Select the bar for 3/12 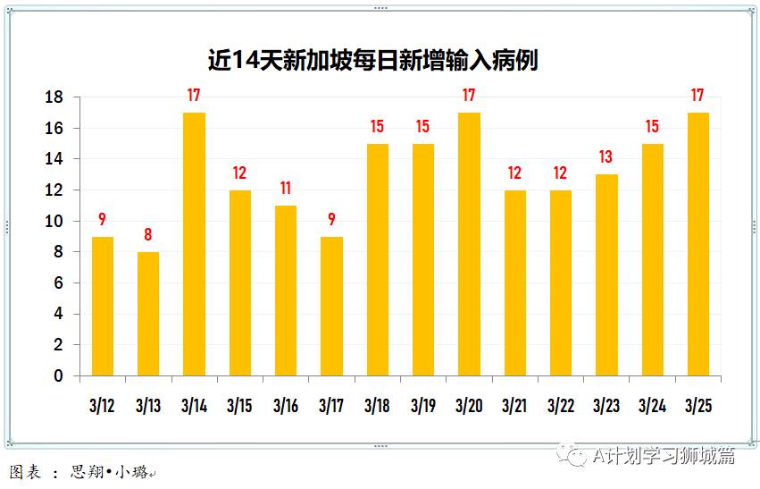click(103, 306)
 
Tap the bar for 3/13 click(148, 314)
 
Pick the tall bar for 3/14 click(194, 244)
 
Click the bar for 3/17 click(331, 306)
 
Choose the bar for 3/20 click(469, 244)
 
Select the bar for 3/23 click(606, 274)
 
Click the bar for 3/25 click(698, 244)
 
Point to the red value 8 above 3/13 click(148, 235)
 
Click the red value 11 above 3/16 click(286, 189)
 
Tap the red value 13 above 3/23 click(606, 157)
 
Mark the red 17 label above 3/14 click(194, 96)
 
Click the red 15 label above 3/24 click(652, 127)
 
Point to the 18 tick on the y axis click(54, 97)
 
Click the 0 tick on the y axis click(59, 376)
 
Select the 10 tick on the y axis click(54, 222)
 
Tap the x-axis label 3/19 click(422, 406)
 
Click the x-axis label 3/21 click(514, 406)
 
